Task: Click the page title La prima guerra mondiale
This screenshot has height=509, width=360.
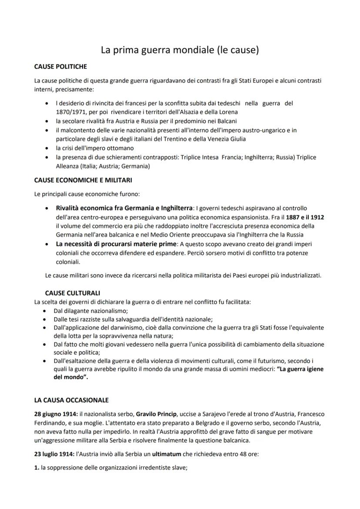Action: pos(180,50)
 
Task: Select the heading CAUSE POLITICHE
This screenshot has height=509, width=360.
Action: pos(60,67)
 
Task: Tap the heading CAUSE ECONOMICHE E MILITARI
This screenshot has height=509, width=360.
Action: pos(83,180)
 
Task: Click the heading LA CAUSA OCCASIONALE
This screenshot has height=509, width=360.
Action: pos(71,400)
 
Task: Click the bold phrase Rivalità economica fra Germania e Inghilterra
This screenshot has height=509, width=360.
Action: pos(124,208)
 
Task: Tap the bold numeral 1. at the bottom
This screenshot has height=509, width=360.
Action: pos(37,469)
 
